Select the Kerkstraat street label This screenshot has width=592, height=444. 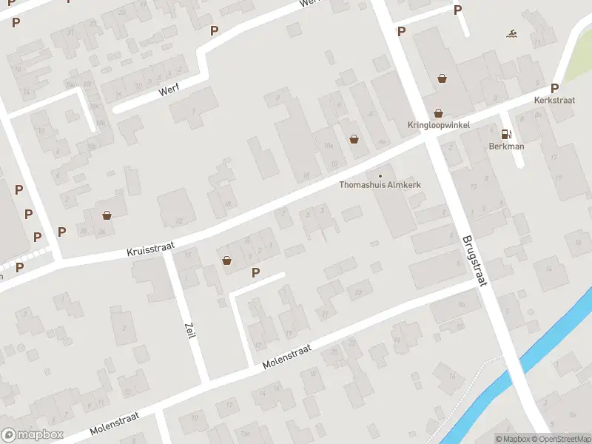554,99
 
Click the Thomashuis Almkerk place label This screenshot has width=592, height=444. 380,185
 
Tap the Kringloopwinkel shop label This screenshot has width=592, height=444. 438,125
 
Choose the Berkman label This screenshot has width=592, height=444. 506,146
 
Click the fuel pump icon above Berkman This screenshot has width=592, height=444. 506,134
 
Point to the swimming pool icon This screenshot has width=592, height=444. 511,34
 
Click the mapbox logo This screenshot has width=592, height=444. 33,435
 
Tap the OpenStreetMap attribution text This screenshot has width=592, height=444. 561,439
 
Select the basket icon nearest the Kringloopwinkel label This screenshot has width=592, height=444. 439,113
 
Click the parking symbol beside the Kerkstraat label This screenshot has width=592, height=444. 554,88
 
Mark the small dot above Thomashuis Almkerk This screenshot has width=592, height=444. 380,175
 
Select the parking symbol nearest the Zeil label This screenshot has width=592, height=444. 256,272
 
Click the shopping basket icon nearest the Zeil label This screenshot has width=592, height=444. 227,260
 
